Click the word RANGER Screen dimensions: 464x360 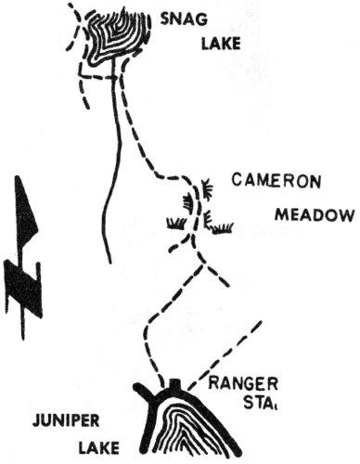[x=239, y=381]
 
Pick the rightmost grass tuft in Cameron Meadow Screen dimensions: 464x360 [x=221, y=227]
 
